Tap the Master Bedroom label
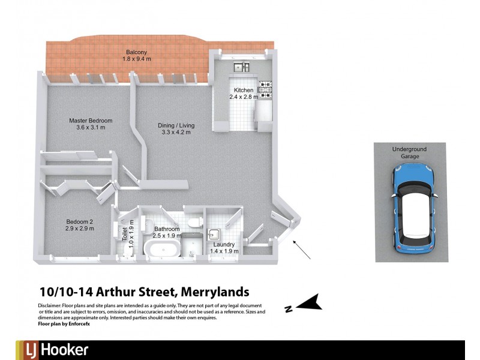91,124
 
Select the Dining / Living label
176,128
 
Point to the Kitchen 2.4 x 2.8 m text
244,93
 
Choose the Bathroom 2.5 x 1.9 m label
167,232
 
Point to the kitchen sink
241,67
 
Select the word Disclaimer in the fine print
49,305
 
